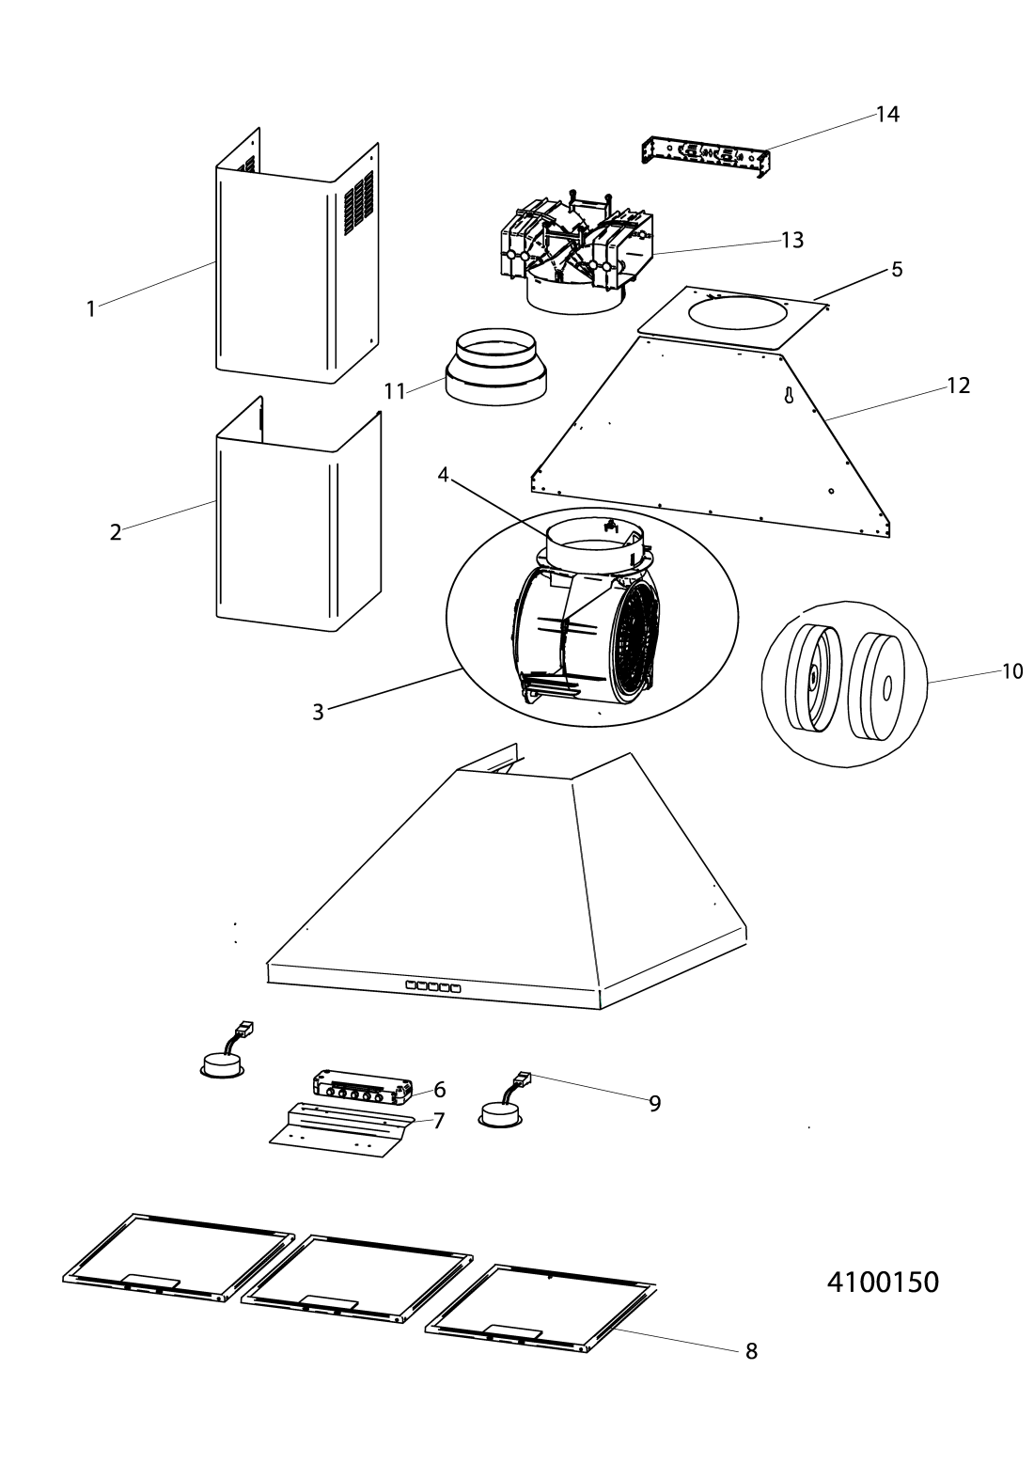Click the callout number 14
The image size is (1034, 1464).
pos(887,115)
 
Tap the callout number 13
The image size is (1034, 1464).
pos(792,241)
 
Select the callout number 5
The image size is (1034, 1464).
pos(897,269)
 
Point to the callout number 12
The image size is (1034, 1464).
pos(958,386)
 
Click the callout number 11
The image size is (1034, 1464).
pos(395,391)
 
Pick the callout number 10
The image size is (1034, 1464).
pos(1012,671)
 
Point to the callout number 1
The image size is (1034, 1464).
pos(91,309)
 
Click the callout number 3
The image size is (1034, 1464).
pos(318,712)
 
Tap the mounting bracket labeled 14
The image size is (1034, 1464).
pos(704,158)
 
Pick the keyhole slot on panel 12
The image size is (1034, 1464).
pos(789,395)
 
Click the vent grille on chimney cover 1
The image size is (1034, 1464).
pos(360,204)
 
